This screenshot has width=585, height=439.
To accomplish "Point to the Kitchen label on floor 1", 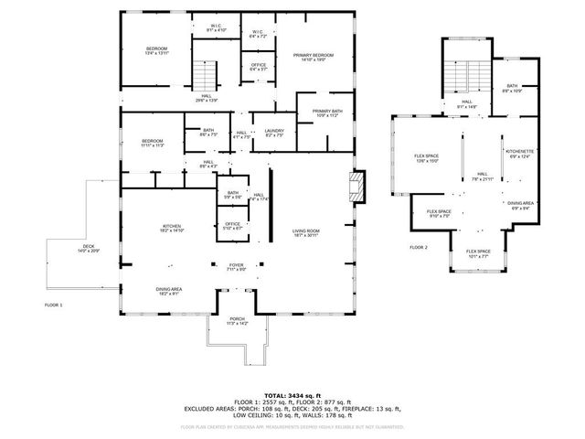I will (x=172, y=229).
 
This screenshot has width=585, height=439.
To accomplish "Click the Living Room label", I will (x=305, y=232).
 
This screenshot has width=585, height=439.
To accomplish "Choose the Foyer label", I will (x=237, y=267).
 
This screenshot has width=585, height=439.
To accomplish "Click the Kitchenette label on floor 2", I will (x=518, y=153).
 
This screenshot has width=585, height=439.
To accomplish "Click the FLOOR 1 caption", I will (x=54, y=304).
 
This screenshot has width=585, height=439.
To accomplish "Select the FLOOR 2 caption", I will (x=419, y=248).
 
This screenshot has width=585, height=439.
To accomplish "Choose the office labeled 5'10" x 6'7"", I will (x=233, y=226).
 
